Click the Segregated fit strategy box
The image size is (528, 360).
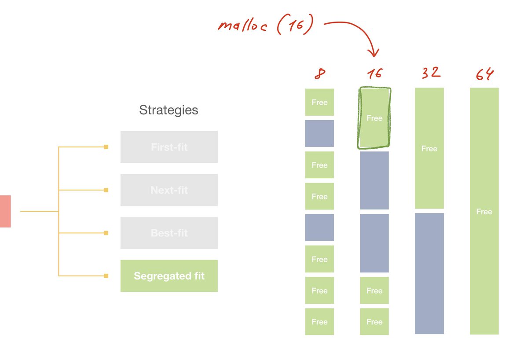[x=169, y=276]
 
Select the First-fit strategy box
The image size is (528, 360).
[x=169, y=147]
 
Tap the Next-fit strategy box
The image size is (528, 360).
[x=169, y=190]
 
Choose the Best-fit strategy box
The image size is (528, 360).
[x=169, y=233]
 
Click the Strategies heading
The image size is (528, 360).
[x=169, y=110]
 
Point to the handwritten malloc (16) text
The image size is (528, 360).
[x=266, y=26]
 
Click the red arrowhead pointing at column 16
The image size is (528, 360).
[x=374, y=53]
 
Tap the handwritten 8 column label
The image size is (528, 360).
[x=319, y=74]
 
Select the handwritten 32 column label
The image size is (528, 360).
[x=429, y=73]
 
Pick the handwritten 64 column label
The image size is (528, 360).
[x=484, y=74]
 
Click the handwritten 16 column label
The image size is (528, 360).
[x=375, y=74]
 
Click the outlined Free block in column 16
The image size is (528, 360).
[x=374, y=118]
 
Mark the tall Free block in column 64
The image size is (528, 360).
[x=484, y=211]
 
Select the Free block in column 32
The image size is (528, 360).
[x=429, y=148]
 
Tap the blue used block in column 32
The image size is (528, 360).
[x=429, y=273]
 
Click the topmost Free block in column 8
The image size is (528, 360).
[x=319, y=102]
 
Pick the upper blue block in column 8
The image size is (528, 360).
[x=319, y=133]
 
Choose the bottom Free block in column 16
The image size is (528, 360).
[x=374, y=322]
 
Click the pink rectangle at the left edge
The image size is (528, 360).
[x=5, y=211]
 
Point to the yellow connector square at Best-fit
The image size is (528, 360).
[x=106, y=233]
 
